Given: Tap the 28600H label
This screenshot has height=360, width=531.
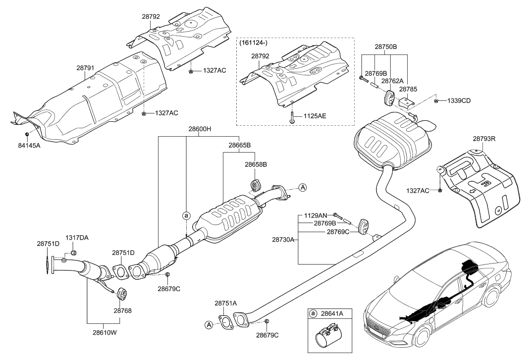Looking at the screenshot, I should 200,130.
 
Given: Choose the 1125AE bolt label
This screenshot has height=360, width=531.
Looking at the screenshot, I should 314,116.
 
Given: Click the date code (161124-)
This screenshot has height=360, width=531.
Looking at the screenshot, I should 254,44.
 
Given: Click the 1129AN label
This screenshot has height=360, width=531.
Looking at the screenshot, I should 316,215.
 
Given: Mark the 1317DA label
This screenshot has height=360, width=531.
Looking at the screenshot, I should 77,238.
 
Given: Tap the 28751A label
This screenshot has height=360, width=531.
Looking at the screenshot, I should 225,303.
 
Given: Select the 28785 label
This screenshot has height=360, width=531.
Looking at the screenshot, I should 409,90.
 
